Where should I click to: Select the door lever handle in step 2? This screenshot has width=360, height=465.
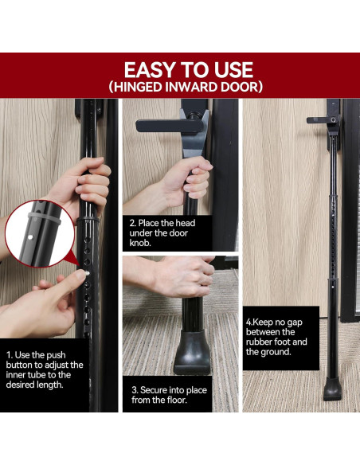[x=170, y=127]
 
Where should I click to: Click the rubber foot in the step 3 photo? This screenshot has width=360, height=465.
[x=192, y=352]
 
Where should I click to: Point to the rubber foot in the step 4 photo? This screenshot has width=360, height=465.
[x=332, y=389]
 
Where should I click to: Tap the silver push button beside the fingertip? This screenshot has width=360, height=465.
[x=87, y=273]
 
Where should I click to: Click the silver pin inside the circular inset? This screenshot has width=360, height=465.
[x=30, y=237]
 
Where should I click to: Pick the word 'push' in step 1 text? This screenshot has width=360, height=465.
[x=57, y=355]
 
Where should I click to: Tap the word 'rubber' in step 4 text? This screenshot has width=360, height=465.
[x=259, y=342]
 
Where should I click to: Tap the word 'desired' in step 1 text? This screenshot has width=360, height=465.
[x=20, y=385]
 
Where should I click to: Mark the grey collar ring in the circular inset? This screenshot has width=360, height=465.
[x=44, y=218]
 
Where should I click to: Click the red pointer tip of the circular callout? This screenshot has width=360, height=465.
[x=80, y=266]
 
